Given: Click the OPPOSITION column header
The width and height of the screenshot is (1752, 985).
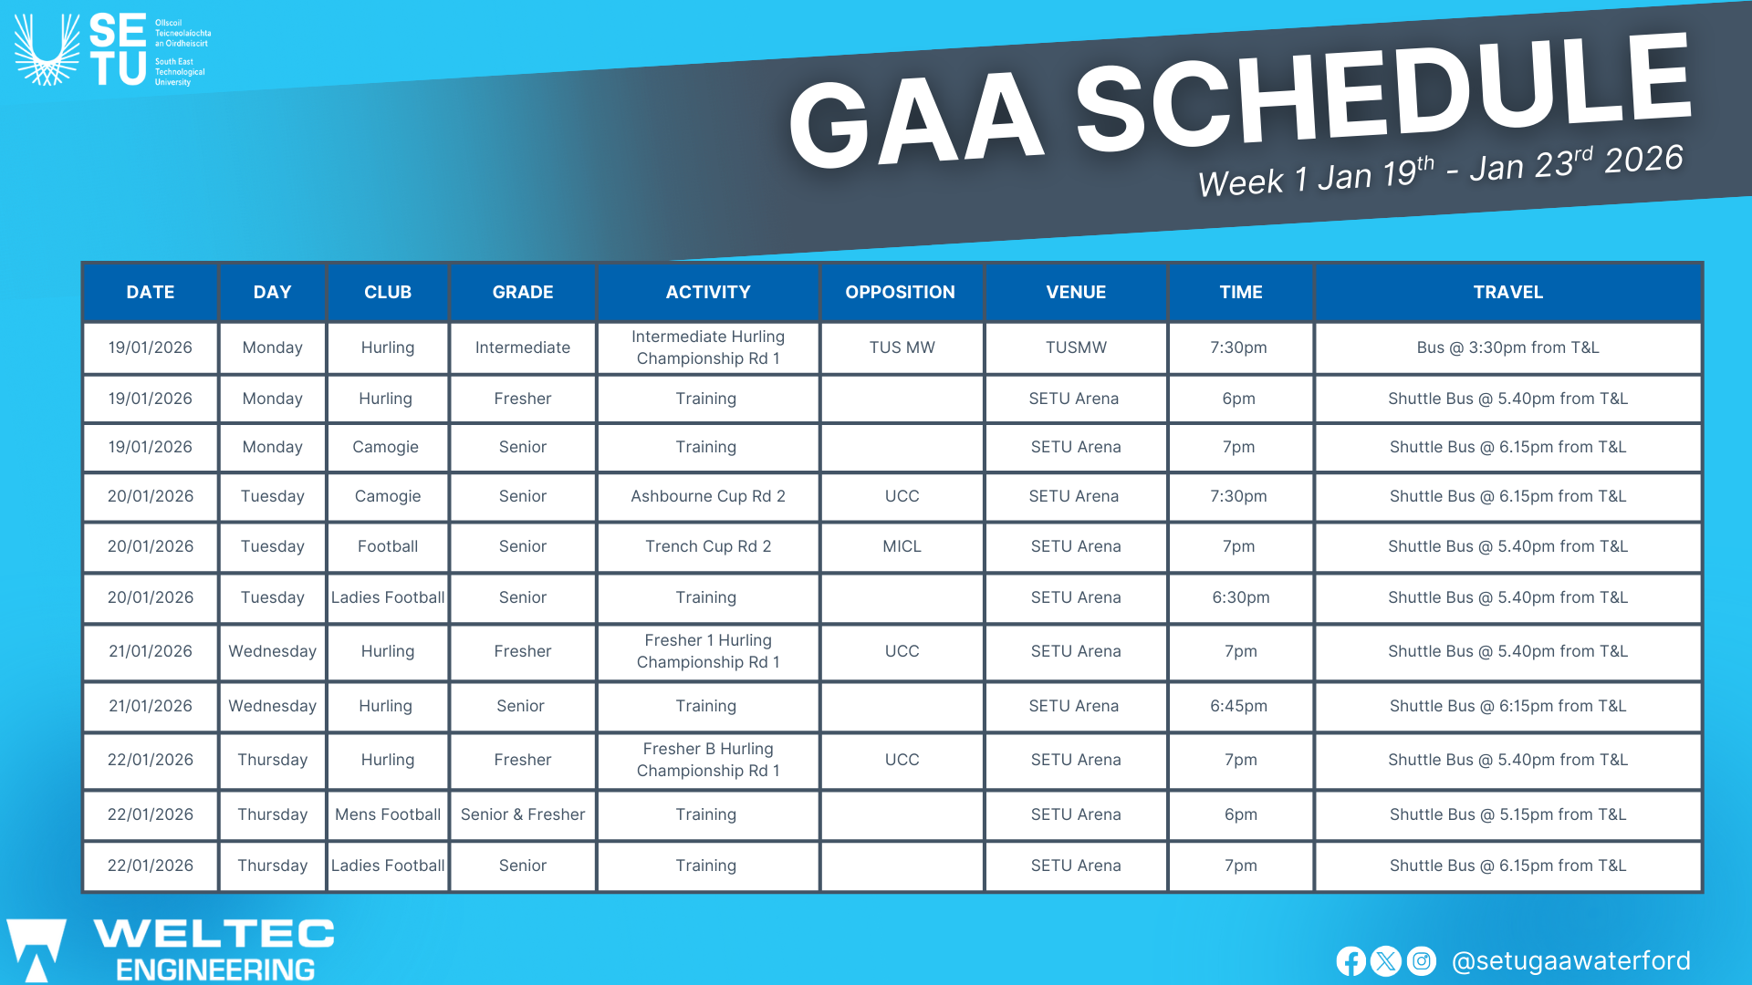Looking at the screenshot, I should point(900,292).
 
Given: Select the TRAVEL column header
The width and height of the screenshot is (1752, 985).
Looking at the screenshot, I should point(1507,292).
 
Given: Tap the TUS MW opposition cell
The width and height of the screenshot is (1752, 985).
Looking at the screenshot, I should point(902,347).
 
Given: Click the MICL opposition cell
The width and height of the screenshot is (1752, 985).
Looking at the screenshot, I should point(902,546).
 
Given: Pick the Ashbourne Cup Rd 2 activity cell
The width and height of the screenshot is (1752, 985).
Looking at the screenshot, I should point(707,496).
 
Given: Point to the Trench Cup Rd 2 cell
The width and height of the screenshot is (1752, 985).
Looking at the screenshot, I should point(707,546).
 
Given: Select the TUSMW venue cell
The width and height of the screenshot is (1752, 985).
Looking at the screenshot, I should point(1076,347).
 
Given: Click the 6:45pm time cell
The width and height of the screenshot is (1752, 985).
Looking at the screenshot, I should point(1238,706).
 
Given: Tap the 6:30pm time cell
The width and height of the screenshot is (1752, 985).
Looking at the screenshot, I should point(1240,597).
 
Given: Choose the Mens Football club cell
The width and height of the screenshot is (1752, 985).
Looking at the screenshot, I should point(388,814).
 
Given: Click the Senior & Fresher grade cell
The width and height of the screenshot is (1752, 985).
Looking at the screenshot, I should point(522,814).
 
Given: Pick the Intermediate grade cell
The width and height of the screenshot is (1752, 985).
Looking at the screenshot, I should point(522,347).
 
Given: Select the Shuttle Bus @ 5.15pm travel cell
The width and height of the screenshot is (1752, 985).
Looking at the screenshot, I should point(1507,814).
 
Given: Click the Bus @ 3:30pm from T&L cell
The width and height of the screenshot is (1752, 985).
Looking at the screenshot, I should point(1507,347).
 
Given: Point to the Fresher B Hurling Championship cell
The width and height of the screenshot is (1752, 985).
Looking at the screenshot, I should point(707,760).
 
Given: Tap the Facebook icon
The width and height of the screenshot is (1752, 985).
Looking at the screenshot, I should point(1350,961).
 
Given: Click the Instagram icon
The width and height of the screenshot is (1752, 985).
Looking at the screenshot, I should point(1421,961).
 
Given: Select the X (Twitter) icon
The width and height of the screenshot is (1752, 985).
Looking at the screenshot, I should point(1385,961).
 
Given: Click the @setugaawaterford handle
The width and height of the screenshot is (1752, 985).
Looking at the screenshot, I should point(1570,961).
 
